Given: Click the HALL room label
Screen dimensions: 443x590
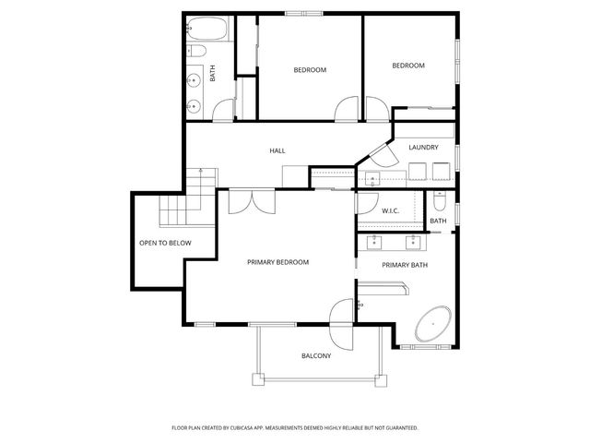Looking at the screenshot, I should click(x=277, y=150).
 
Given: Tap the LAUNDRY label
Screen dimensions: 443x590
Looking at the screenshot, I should click(x=423, y=147).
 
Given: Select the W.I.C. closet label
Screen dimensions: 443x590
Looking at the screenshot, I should click(x=390, y=211).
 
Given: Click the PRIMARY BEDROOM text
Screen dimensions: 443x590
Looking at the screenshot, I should click(x=277, y=262).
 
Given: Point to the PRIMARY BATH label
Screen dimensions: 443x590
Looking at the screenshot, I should click(x=405, y=265).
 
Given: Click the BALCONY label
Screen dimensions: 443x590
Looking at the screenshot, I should click(x=316, y=355).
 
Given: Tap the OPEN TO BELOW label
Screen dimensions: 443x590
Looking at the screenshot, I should click(x=165, y=243).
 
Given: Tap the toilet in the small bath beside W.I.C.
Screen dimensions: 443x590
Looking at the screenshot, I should click(x=439, y=201).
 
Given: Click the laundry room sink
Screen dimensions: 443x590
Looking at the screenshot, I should click(x=372, y=178).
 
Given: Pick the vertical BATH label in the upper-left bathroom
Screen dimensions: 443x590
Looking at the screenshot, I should click(x=213, y=73).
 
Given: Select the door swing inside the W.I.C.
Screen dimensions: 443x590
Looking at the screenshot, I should click(x=368, y=202).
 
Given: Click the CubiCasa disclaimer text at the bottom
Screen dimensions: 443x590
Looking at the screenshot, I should click(x=295, y=428).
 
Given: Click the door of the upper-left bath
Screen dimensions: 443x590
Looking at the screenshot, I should click(x=223, y=111).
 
